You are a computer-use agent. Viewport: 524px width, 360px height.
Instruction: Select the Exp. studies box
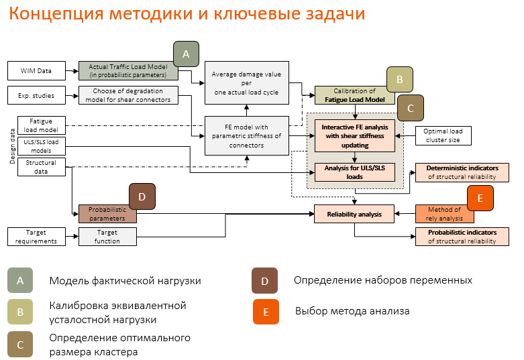pos(36,95)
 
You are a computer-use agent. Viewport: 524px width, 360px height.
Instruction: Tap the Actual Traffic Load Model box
pos(127,70)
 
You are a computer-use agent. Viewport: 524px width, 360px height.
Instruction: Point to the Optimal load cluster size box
pos(446,135)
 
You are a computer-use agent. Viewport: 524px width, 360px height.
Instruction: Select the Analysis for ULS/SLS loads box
pos(355,172)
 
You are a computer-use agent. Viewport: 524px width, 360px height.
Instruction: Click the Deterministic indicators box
pos(462,172)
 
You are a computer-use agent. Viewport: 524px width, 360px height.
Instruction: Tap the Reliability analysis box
pos(354,214)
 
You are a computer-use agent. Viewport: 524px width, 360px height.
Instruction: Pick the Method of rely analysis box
pos(444,214)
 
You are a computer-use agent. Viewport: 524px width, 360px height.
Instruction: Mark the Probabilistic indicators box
pos(462,237)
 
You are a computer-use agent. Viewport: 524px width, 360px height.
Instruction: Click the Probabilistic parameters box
pos(107,214)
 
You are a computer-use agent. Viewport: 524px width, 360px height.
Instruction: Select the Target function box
pos(107,237)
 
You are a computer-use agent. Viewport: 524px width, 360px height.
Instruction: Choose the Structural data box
pos(41,166)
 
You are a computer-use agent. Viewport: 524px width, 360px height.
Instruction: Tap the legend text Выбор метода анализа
pos(352,311)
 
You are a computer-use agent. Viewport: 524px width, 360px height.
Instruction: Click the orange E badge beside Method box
pos(480,198)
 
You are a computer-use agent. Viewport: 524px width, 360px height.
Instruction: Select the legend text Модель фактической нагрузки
pos(125,281)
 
